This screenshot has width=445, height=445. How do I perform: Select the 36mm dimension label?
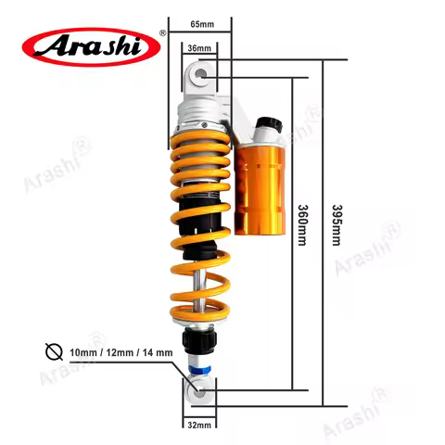coord(198,46)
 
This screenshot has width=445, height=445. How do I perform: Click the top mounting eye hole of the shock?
coord(198,73)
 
